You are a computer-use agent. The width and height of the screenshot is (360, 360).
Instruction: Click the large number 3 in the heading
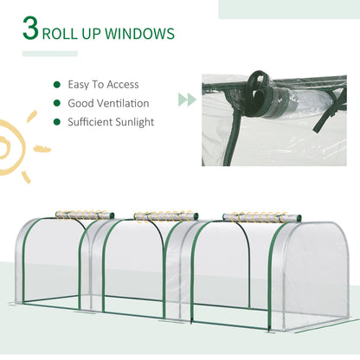click(32, 34)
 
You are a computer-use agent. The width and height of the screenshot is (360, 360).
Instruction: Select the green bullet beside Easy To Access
click(57, 85)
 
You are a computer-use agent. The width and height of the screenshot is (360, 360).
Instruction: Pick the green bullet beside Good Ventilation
click(57, 103)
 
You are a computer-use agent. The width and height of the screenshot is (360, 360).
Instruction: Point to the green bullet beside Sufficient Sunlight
click(57, 121)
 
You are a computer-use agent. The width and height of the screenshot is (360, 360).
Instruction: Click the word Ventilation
click(124, 103)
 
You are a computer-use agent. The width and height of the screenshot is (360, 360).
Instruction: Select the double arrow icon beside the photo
click(186, 100)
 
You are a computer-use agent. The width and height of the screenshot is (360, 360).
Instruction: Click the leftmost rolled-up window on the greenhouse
click(85, 213)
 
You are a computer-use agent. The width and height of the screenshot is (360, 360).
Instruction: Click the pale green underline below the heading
click(49, 54)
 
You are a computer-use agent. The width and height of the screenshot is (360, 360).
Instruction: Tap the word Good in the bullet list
click(80, 103)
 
